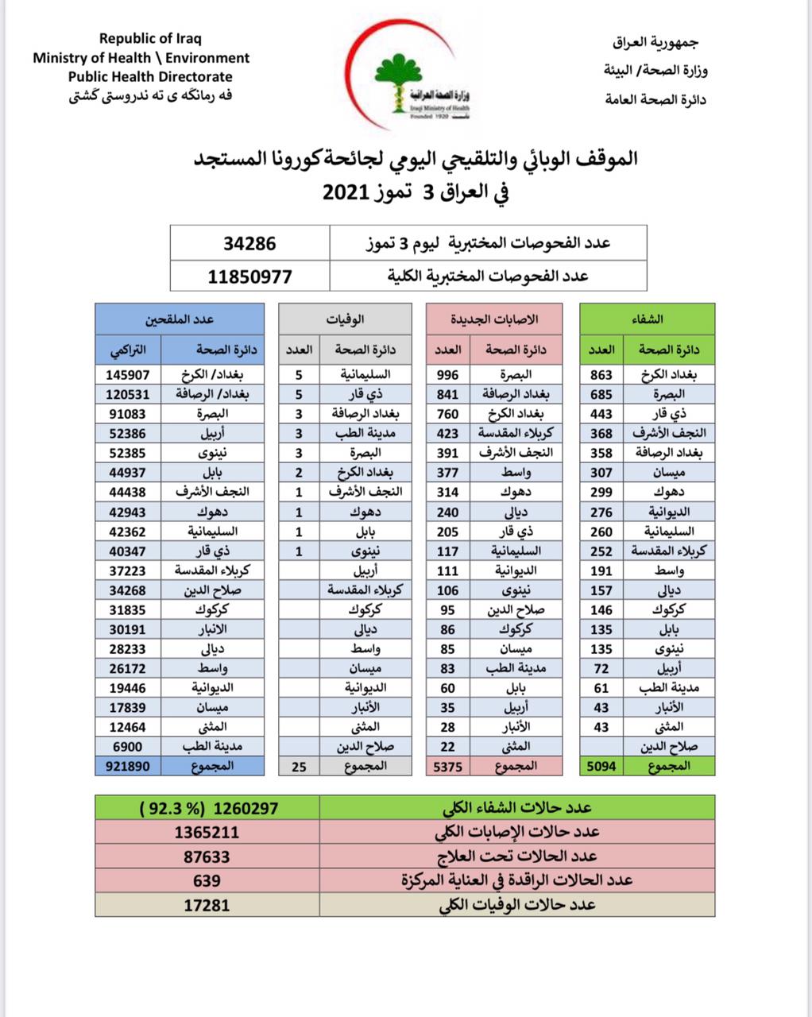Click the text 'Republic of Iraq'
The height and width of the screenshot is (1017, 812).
(x=150, y=38)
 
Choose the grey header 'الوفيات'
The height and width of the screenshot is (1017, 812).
(x=346, y=319)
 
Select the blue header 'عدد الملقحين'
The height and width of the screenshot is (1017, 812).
(x=180, y=319)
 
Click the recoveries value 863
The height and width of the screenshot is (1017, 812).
(x=601, y=374)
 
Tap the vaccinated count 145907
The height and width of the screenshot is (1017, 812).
(x=127, y=374)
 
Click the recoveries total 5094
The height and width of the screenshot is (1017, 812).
(x=601, y=767)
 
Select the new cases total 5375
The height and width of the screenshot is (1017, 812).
(x=447, y=767)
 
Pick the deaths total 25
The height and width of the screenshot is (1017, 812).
(x=299, y=767)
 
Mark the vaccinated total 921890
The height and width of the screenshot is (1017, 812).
(x=127, y=767)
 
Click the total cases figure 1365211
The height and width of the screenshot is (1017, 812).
(x=207, y=833)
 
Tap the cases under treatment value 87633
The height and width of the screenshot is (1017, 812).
(x=207, y=857)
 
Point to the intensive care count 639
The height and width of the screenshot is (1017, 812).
(x=207, y=880)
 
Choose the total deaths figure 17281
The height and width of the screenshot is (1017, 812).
(x=207, y=905)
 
